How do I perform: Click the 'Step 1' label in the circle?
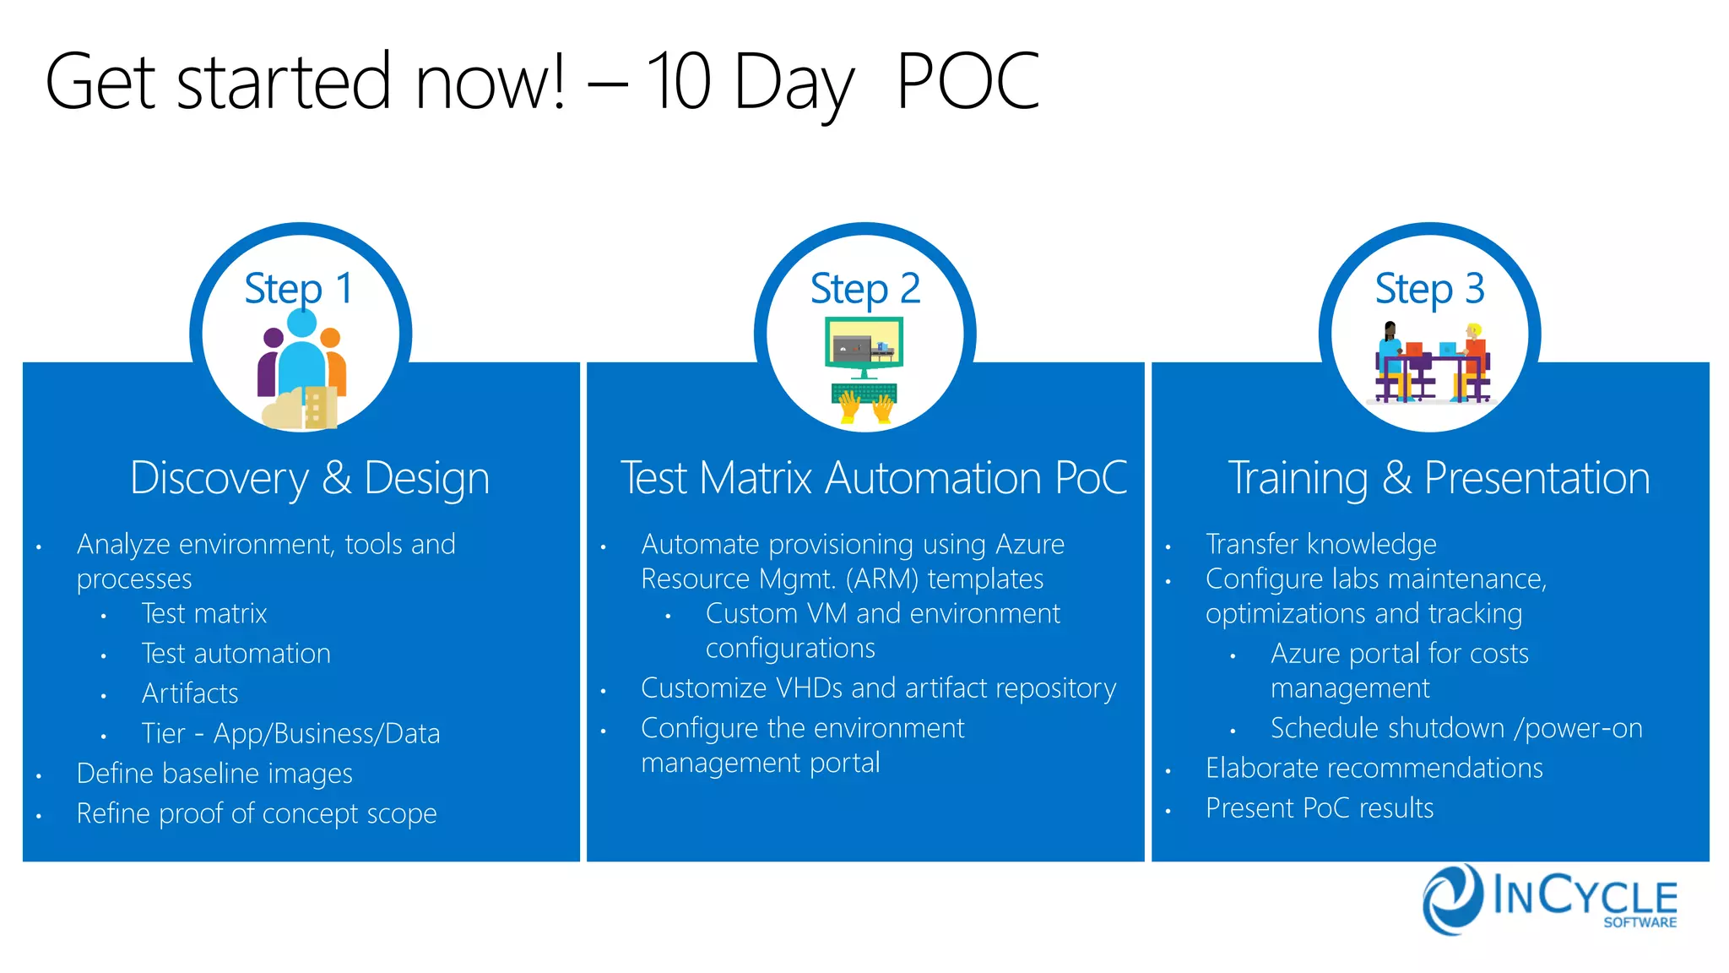(x=298, y=289)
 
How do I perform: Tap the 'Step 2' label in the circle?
(x=864, y=289)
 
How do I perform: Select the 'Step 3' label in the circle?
(x=1429, y=289)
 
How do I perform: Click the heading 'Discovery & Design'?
(x=309, y=478)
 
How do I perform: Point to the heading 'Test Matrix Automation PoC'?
(x=873, y=478)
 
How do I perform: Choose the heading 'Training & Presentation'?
(x=1439, y=478)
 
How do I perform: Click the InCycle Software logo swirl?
(x=1452, y=899)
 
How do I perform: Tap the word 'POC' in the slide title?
(x=967, y=82)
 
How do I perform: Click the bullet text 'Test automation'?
(x=236, y=654)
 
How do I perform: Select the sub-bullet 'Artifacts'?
(x=190, y=693)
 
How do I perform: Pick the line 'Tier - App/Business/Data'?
(x=290, y=733)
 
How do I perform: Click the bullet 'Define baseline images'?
(x=214, y=774)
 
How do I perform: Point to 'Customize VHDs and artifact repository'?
(x=878, y=688)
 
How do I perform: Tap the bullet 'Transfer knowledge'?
(x=1320, y=544)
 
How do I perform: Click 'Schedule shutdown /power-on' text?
(x=1456, y=728)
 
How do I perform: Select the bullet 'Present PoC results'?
(x=1320, y=808)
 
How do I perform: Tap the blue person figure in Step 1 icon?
(x=301, y=355)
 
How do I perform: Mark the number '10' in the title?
(x=678, y=82)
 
